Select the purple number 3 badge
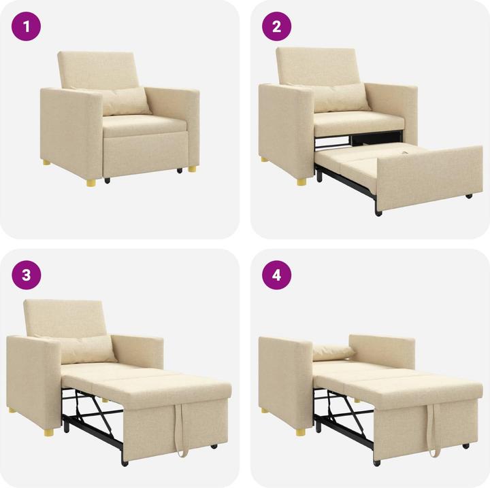(x=27, y=275)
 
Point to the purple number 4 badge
(x=277, y=275)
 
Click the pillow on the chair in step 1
(x=125, y=101)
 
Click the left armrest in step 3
(x=33, y=381)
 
